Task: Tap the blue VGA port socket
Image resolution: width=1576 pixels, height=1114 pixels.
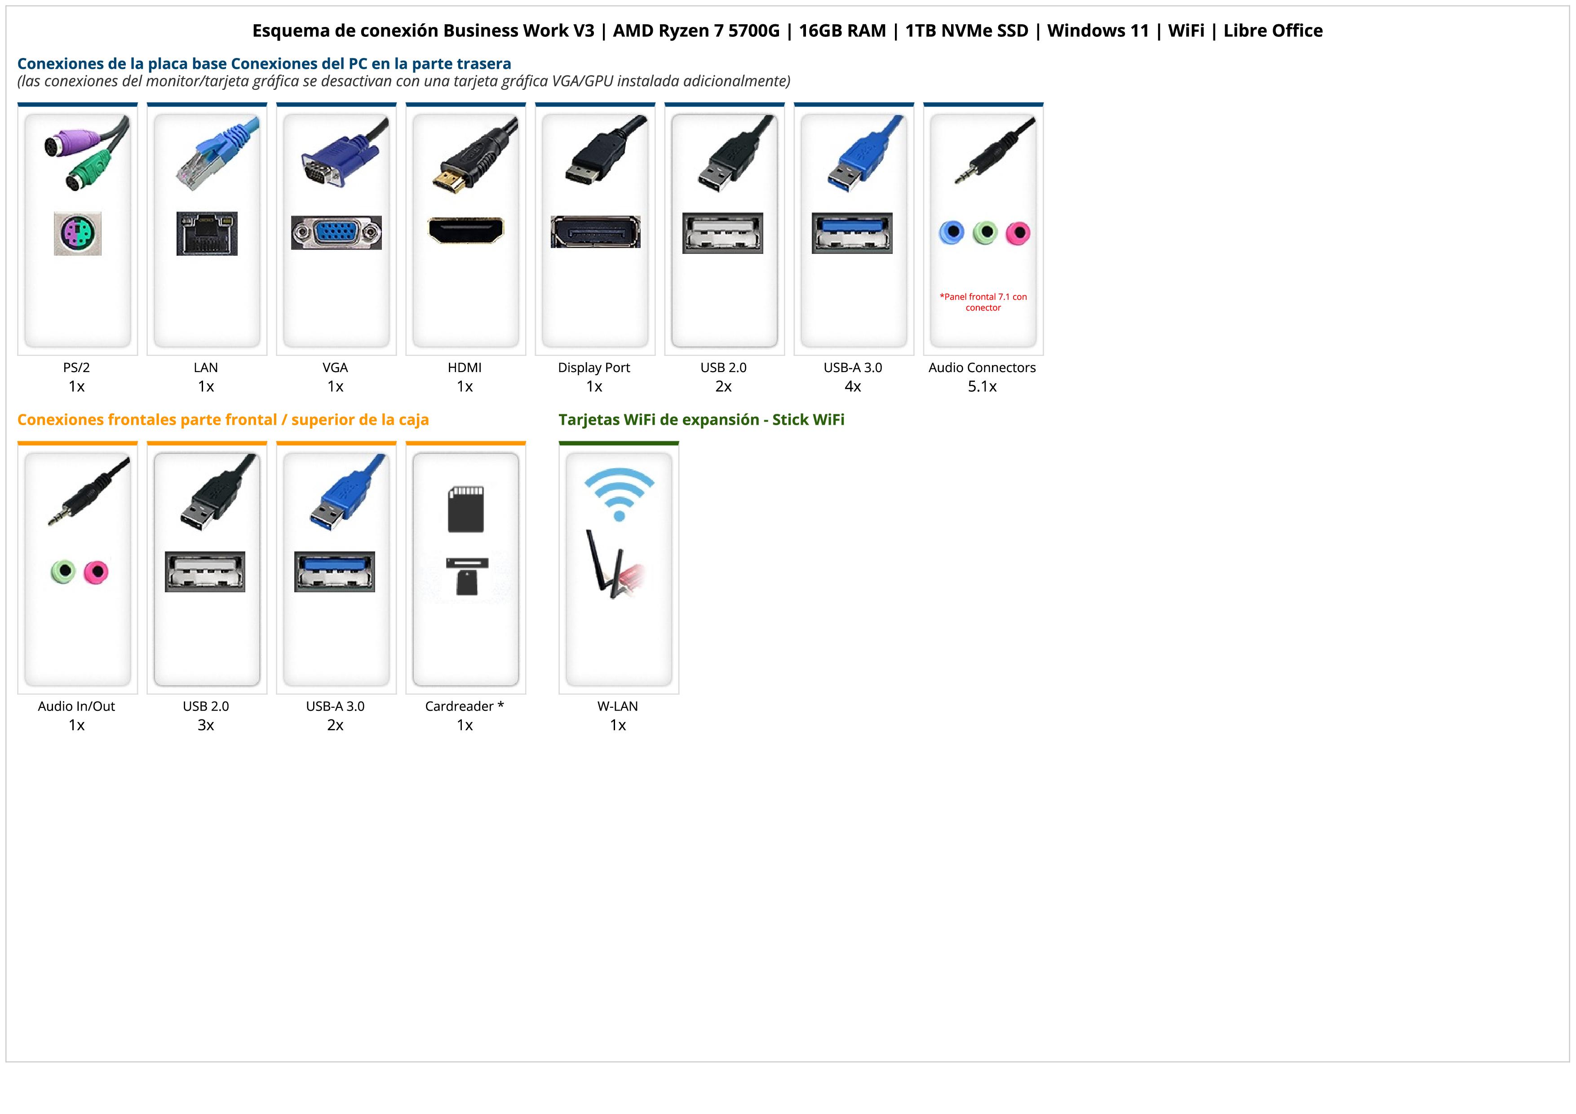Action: coord(336,233)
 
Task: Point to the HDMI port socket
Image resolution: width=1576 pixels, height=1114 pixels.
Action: coord(465,231)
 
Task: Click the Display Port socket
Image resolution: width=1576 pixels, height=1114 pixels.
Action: coord(595,232)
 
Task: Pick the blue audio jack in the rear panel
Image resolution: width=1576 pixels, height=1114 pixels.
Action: coord(952,233)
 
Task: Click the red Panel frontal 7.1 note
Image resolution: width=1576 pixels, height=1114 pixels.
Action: coord(983,302)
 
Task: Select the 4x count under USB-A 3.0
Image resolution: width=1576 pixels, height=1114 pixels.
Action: coord(853,386)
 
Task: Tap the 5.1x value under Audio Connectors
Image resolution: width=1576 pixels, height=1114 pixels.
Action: coord(982,386)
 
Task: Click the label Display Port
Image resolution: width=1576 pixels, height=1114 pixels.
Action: coord(594,367)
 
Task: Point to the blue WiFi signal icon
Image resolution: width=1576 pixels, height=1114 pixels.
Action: coord(619,493)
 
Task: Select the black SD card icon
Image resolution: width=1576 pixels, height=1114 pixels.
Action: coord(465,509)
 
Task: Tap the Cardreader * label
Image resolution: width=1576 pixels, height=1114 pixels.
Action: coord(465,706)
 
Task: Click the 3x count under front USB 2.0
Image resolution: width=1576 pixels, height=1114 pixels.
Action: coord(206,725)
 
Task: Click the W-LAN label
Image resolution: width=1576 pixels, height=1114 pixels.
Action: coord(618,706)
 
